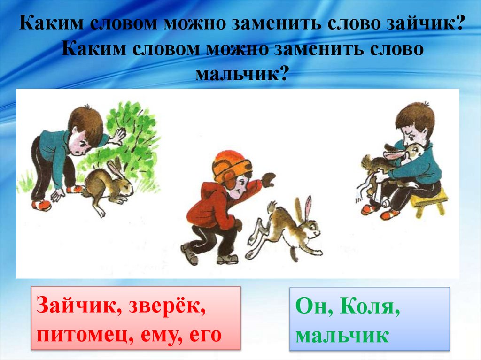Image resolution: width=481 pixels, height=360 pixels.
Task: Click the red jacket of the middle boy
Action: [211, 207]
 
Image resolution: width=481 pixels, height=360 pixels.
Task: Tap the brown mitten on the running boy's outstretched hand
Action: [269, 179]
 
